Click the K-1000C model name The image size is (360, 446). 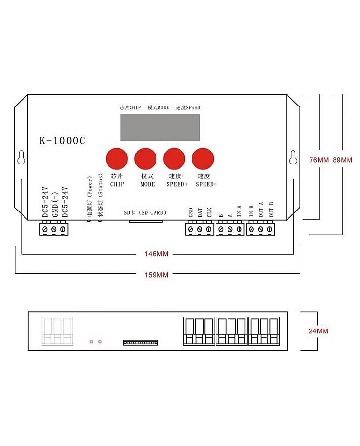point(62,141)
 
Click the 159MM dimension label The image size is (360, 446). point(156,275)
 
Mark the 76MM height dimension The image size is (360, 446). point(319,160)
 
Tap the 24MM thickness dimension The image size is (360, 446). point(318,331)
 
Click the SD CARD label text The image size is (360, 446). point(144,212)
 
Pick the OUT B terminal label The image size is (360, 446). point(271,211)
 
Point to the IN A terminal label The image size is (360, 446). point(239,211)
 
